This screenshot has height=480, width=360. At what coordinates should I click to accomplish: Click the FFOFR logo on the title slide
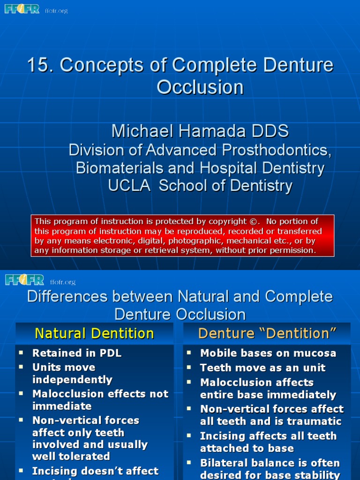(22, 8)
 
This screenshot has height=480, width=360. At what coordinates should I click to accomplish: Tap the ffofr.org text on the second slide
(63, 282)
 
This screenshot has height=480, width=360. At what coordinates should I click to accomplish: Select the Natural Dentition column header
(94, 333)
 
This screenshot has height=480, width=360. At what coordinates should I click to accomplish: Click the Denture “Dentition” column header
(267, 333)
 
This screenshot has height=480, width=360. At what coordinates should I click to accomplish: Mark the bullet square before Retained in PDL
(20, 352)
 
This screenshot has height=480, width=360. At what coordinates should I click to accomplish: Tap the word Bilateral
(223, 463)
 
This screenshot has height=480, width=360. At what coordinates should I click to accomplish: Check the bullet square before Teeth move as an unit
(188, 367)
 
